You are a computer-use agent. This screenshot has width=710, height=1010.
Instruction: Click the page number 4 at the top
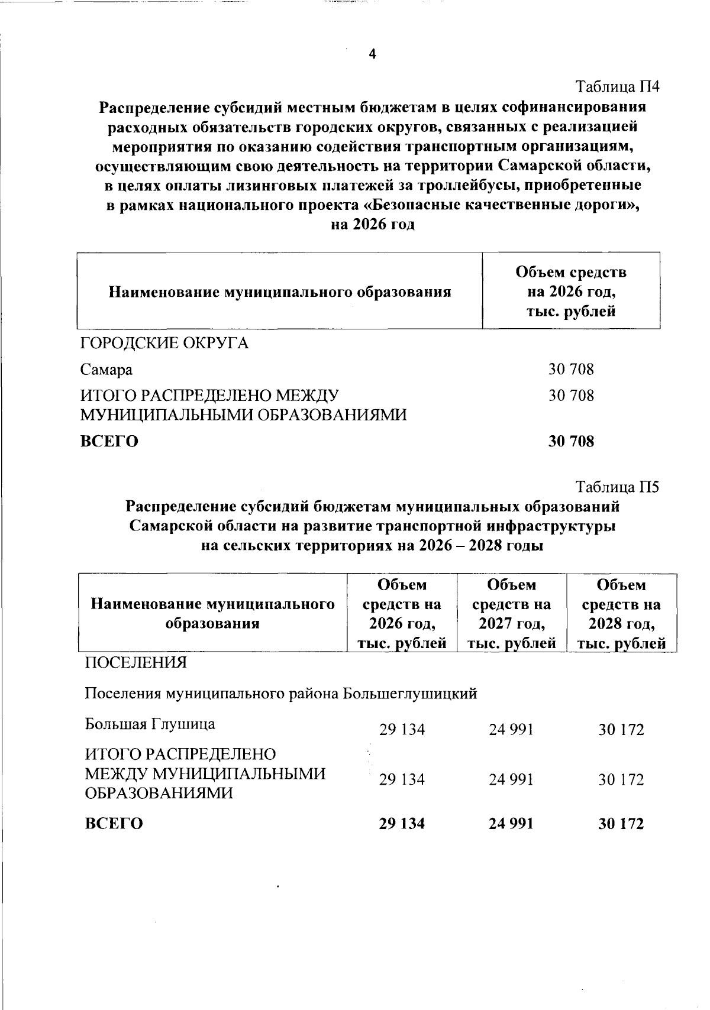(x=372, y=55)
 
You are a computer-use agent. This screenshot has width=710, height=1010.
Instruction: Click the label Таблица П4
(x=618, y=87)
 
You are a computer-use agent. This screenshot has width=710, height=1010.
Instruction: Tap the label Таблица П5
(x=618, y=487)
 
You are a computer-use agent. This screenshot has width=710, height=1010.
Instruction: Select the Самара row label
(x=106, y=370)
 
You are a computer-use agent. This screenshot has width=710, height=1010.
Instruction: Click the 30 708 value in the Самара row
(x=571, y=370)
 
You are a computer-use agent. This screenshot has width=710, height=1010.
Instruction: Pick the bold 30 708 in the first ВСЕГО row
(x=571, y=441)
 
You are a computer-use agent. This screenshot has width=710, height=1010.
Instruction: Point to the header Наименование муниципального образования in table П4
(x=279, y=292)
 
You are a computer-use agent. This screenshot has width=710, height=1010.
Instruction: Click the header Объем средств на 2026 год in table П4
(x=571, y=292)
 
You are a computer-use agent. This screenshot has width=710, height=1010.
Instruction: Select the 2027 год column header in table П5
(x=512, y=614)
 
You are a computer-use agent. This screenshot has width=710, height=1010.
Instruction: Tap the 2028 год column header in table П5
(x=621, y=614)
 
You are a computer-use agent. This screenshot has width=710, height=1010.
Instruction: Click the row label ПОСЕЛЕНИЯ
(x=136, y=663)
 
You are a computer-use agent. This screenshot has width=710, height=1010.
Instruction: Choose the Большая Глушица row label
(x=150, y=724)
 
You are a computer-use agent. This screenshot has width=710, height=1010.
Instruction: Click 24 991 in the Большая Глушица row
(x=511, y=730)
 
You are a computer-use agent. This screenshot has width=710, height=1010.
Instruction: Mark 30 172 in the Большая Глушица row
(x=621, y=730)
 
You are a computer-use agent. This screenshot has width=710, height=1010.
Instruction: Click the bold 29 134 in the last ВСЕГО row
(x=402, y=824)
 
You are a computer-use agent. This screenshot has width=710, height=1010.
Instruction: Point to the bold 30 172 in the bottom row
(x=621, y=824)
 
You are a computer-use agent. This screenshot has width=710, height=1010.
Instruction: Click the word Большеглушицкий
(x=411, y=693)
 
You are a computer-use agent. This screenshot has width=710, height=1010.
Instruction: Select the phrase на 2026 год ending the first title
(x=372, y=225)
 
